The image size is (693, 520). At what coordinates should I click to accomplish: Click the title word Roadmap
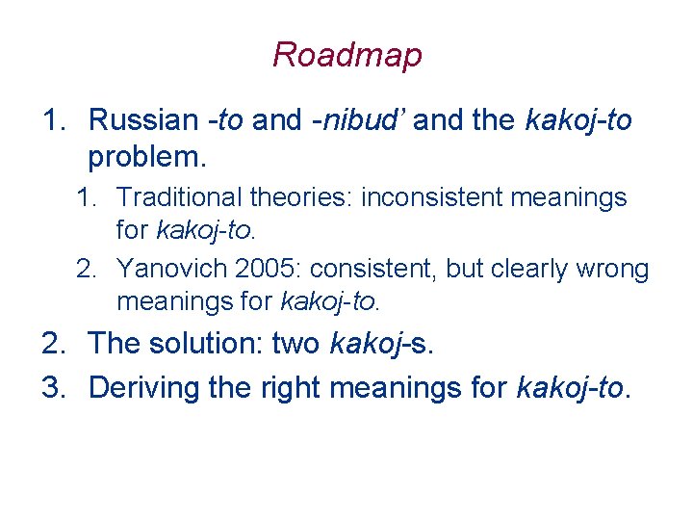(x=346, y=55)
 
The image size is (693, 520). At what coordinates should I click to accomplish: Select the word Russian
(x=142, y=120)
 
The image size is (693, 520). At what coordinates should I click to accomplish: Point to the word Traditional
(x=180, y=198)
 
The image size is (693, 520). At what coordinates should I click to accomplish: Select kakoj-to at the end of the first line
(x=578, y=120)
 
